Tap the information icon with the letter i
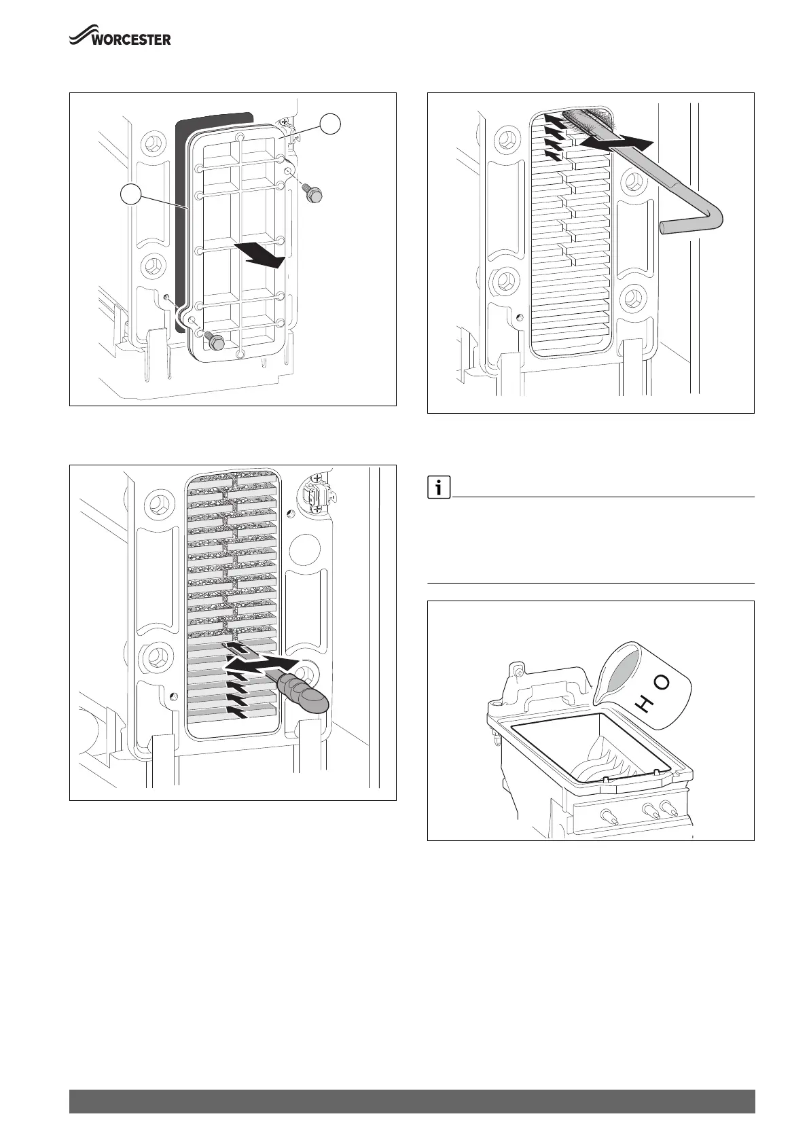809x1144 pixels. (439, 487)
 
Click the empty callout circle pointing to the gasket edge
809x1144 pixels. (132, 194)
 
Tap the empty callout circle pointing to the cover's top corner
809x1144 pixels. (331, 124)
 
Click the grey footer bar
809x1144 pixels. (412, 1101)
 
